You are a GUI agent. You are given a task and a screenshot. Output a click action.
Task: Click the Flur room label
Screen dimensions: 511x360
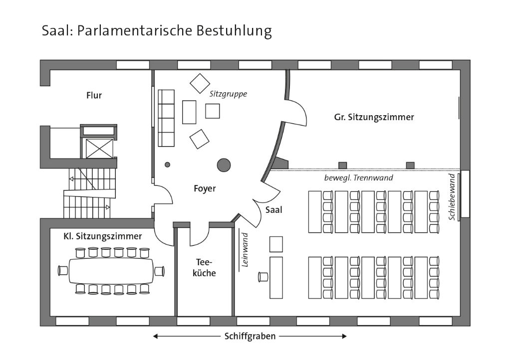(x=94, y=95)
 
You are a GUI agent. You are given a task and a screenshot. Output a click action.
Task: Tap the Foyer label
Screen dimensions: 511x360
(x=205, y=188)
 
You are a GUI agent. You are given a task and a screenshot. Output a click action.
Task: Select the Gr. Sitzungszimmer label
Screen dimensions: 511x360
(x=374, y=117)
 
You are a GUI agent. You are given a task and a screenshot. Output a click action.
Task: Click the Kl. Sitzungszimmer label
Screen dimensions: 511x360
(x=103, y=236)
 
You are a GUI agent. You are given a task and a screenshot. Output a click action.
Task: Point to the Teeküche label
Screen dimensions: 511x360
(x=204, y=268)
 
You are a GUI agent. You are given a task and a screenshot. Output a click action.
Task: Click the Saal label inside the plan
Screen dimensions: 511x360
(x=274, y=210)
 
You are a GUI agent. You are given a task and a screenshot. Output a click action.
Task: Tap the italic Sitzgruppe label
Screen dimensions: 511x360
(x=228, y=94)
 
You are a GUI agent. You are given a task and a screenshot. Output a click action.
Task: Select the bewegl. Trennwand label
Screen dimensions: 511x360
(x=358, y=178)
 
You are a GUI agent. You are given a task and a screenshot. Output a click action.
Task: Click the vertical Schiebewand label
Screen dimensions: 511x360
(x=452, y=197)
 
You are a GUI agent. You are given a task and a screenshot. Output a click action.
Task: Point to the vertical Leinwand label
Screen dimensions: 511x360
(x=245, y=250)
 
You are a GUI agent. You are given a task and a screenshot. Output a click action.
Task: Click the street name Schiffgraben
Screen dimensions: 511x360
(x=250, y=336)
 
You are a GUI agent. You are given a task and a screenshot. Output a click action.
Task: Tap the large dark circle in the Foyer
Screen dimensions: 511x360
(x=224, y=165)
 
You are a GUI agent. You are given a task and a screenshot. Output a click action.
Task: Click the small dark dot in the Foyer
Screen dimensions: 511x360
(x=168, y=165)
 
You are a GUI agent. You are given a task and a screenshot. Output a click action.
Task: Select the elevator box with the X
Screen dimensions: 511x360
(x=99, y=149)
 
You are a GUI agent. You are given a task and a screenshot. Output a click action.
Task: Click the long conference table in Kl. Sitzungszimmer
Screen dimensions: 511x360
(x=111, y=271)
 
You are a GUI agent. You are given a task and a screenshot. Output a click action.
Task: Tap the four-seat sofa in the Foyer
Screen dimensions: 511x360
(x=166, y=118)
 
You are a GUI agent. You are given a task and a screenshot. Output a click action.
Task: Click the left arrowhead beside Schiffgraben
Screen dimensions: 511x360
(x=156, y=336)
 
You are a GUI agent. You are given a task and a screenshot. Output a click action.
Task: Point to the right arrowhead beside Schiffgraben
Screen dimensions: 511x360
(x=344, y=336)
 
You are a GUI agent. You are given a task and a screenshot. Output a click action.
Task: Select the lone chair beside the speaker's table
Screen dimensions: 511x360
(x=262, y=277)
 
